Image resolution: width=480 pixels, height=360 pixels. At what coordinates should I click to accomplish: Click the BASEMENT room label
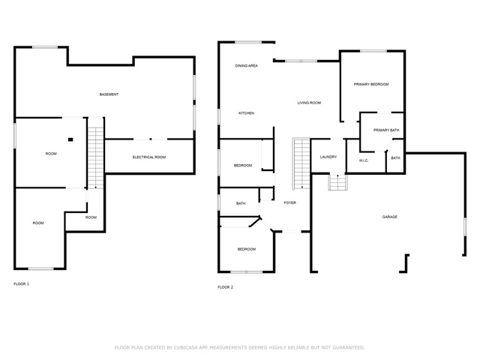(x=109, y=94)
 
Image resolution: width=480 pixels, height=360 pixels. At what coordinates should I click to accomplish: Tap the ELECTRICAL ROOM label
(x=149, y=157)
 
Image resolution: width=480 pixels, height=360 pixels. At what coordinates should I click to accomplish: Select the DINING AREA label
(x=247, y=65)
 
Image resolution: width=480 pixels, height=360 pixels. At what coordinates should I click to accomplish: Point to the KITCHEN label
(x=247, y=113)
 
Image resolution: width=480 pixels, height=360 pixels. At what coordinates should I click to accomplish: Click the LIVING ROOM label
(x=309, y=103)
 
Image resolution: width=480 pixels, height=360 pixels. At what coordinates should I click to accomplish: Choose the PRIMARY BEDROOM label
(x=371, y=84)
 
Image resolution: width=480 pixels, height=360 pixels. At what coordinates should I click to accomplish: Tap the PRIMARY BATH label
(x=386, y=130)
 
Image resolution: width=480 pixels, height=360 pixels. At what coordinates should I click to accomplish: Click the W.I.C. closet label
(x=364, y=160)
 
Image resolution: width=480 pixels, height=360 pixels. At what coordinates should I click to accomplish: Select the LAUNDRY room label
(x=328, y=157)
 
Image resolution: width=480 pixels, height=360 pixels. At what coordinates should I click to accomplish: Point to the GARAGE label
(x=390, y=217)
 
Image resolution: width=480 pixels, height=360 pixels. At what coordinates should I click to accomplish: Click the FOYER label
(x=290, y=202)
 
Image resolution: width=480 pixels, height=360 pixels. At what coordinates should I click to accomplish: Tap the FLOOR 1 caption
(x=22, y=284)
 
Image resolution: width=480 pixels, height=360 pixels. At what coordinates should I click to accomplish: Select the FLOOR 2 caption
(x=225, y=287)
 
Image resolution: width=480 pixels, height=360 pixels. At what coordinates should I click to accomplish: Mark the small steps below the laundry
(x=338, y=181)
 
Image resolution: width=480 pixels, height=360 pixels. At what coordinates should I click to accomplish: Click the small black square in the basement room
(x=70, y=139)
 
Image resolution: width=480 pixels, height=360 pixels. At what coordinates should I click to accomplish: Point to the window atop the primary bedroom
(x=373, y=51)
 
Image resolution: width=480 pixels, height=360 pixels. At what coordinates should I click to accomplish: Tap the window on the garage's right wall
(x=465, y=226)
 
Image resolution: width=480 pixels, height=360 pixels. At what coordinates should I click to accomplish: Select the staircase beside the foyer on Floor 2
(x=301, y=163)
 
